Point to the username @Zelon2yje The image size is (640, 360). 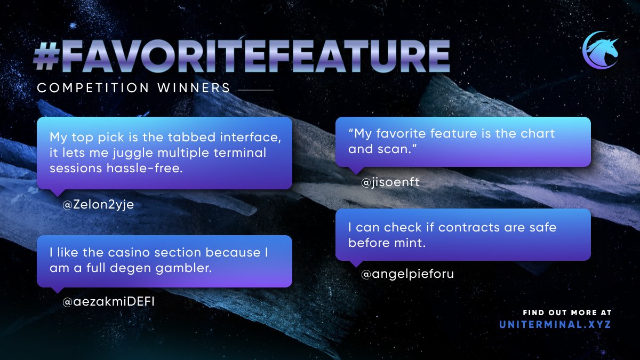click(x=98, y=205)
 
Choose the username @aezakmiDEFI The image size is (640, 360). click(x=112, y=302)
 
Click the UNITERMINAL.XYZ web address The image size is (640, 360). click(x=555, y=324)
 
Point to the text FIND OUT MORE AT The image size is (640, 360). click(x=567, y=313)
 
